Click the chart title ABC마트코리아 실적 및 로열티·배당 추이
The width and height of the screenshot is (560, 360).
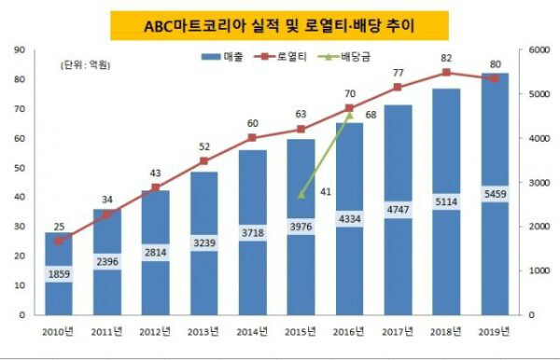pyautogui.click(x=279, y=22)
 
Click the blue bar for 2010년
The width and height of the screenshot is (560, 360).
pyautogui.click(x=59, y=274)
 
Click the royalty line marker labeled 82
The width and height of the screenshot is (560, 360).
pyautogui.click(x=447, y=73)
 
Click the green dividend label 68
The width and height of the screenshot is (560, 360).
pyautogui.click(x=371, y=115)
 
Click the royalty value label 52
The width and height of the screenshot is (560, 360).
pyautogui.click(x=204, y=146)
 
